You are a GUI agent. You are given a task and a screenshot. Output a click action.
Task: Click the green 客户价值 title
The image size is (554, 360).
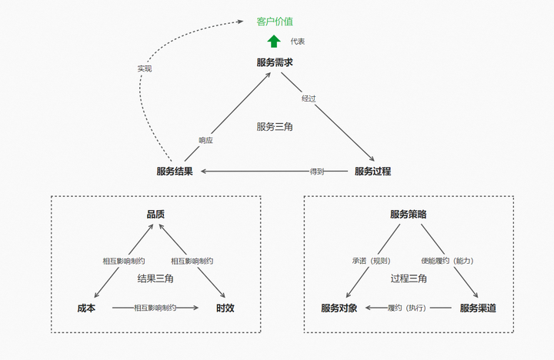tap(275, 22)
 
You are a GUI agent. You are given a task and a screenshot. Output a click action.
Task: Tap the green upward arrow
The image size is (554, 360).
tap(274, 42)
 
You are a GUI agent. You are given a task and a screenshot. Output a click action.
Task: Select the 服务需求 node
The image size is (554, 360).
tap(275, 62)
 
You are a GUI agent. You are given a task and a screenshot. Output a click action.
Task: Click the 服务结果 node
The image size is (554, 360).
tap(174, 171)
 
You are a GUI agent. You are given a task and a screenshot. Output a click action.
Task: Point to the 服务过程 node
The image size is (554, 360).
tap(372, 171)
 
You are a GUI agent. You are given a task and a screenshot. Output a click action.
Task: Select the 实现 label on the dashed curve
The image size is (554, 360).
tap(145, 68)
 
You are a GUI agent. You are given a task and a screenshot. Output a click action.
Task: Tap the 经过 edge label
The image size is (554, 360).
tap(309, 98)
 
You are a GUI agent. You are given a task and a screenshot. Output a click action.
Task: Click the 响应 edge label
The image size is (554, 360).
tap(205, 140)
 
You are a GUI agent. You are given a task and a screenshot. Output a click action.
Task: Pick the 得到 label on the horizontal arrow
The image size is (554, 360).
tap(316, 171)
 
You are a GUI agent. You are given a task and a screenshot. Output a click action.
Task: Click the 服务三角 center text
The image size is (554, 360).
tap(275, 126)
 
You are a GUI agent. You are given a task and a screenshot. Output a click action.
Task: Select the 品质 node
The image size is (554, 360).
tap(155, 215)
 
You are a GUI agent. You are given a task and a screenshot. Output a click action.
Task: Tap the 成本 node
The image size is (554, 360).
tap(86, 308)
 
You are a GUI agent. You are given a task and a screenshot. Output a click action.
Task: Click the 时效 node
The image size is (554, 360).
tap(225, 308)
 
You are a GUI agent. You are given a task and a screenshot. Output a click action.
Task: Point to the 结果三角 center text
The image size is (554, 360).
tap(155, 278)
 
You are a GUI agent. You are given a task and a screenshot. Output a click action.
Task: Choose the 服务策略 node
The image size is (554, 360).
tap(409, 215)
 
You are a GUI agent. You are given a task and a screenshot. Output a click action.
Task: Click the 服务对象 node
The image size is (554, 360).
tap(339, 308)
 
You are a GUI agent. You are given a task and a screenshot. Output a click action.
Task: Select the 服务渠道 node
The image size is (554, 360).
tap(478, 308)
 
